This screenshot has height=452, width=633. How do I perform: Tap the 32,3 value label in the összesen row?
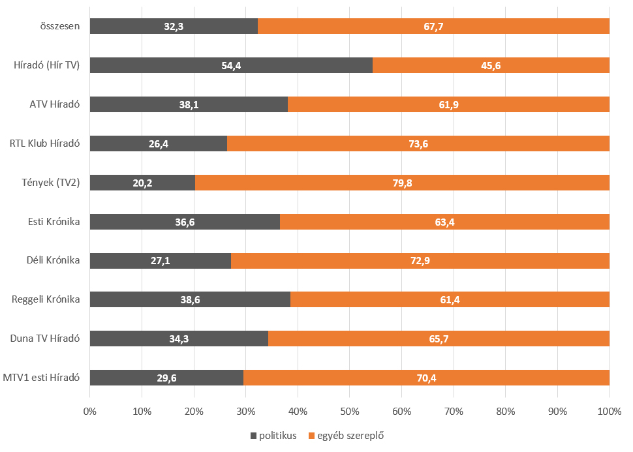(x=174, y=26)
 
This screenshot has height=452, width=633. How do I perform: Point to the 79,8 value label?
(x=401, y=183)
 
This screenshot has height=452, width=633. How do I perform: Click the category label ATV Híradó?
(x=55, y=104)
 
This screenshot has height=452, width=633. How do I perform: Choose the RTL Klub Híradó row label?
(x=45, y=143)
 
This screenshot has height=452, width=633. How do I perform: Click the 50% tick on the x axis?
(x=349, y=412)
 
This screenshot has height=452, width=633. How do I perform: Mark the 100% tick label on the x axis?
(x=608, y=412)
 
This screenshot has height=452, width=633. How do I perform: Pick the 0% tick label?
(x=90, y=412)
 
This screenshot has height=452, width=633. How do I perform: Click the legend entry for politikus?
(x=275, y=435)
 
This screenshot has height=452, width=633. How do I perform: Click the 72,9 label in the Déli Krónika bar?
(x=420, y=261)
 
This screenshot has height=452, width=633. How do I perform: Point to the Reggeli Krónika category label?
(x=46, y=299)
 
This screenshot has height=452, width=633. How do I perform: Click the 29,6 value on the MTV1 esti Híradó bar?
(x=166, y=378)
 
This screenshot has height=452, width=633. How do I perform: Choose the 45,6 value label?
(x=491, y=65)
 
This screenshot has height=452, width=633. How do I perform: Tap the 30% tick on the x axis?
(x=245, y=412)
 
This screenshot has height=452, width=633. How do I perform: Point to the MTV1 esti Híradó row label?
(x=42, y=378)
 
